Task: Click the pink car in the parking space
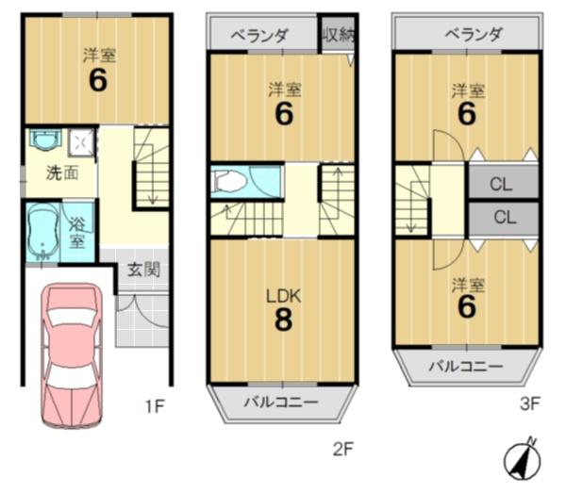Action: pyautogui.click(x=72, y=355)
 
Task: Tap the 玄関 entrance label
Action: pyautogui.click(x=143, y=270)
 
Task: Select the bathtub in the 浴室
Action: pyautogui.click(x=43, y=232)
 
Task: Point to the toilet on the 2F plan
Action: pyautogui.click(x=227, y=180)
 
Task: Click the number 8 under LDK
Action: pyautogui.click(x=283, y=320)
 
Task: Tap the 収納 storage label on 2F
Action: pyautogui.click(x=339, y=35)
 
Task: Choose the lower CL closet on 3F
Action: pyautogui.click(x=503, y=218)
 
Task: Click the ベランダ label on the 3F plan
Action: pyautogui.click(x=473, y=35)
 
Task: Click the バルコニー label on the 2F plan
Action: pyautogui.click(x=281, y=402)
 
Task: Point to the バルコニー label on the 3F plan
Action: pyautogui.click(x=466, y=367)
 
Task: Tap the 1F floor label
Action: pyautogui.click(x=156, y=407)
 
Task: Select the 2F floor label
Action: pyautogui.click(x=342, y=450)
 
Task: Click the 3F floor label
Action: pyautogui.click(x=529, y=403)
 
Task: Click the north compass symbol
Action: pyautogui.click(x=523, y=461)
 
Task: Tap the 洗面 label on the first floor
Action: pyautogui.click(x=62, y=173)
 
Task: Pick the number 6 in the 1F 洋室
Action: pyautogui.click(x=98, y=80)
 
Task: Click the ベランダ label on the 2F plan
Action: pyautogui.click(x=259, y=36)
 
